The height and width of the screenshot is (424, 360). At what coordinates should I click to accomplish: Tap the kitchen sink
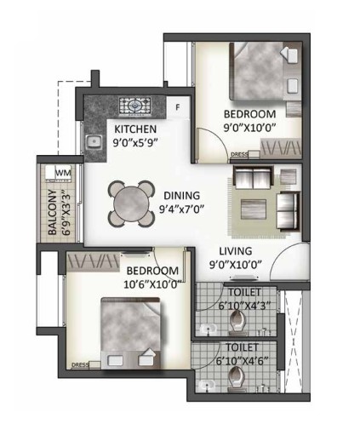click(94, 141)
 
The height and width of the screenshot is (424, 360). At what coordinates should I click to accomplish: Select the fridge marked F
click(178, 107)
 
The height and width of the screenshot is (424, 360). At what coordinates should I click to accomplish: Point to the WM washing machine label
click(63, 173)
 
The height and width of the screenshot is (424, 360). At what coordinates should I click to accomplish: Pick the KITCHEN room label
click(135, 129)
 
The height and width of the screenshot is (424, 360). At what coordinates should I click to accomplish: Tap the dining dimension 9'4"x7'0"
click(182, 209)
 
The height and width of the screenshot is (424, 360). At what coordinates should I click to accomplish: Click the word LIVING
click(236, 251)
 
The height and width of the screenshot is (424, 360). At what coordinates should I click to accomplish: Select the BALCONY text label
click(52, 212)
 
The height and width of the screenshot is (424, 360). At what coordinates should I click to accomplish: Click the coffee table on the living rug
click(254, 209)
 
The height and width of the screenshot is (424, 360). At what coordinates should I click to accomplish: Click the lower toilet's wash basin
click(208, 386)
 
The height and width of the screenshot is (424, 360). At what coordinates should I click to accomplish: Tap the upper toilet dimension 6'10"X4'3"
click(244, 306)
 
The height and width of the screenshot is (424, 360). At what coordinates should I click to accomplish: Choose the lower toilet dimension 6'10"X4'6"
click(242, 361)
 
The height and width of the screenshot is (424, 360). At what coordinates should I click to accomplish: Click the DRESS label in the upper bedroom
click(240, 155)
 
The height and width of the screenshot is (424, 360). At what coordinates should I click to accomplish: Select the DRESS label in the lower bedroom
click(80, 364)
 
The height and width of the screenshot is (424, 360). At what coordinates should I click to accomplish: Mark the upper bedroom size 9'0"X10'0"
click(250, 128)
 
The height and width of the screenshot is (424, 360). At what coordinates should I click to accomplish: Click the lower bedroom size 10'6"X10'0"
click(152, 284)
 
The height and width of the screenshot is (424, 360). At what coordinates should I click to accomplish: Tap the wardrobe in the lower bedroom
click(93, 261)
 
